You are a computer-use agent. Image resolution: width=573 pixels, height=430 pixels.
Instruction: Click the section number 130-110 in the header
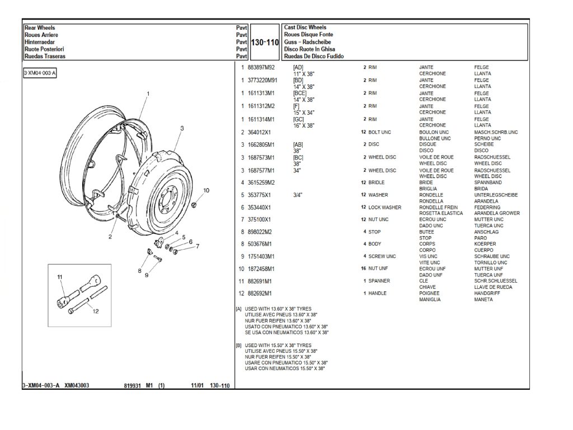(x=265, y=43)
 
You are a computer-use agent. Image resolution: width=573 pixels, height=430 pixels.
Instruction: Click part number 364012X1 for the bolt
(x=259, y=132)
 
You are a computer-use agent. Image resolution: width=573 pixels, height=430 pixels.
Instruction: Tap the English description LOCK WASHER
(x=385, y=207)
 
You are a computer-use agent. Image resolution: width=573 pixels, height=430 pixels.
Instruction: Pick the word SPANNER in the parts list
(x=379, y=281)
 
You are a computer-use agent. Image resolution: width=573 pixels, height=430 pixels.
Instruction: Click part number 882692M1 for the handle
(x=260, y=293)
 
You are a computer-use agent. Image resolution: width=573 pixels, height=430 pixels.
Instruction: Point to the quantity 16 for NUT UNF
(x=363, y=269)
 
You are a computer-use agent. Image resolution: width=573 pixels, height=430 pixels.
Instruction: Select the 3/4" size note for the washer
(x=297, y=195)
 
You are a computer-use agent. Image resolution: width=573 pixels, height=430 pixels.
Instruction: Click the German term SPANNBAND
(x=487, y=183)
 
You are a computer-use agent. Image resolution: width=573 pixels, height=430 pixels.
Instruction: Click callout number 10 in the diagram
(x=206, y=190)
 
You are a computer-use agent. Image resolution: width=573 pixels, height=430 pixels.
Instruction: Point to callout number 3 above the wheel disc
(x=182, y=128)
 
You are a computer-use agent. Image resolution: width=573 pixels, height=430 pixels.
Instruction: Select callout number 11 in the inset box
(x=59, y=277)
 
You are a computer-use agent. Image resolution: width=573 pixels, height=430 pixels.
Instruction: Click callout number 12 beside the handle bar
(x=96, y=312)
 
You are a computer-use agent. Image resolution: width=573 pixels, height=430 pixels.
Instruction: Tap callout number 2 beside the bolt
(x=110, y=237)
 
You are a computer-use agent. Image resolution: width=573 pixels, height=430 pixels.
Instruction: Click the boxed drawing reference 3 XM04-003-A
(x=40, y=73)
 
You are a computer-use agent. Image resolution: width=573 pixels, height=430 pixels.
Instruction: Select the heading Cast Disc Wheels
(x=305, y=27)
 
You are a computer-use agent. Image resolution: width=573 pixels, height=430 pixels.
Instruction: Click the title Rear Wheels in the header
(x=40, y=27)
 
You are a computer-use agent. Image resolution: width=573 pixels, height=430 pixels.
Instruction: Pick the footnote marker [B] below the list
(x=239, y=345)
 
